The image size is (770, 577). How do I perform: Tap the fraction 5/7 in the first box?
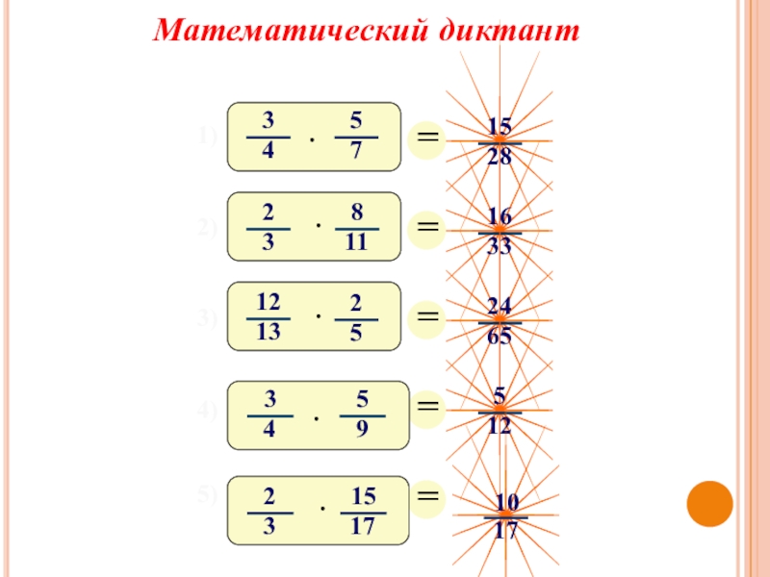point(356,137)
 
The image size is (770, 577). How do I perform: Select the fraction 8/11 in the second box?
point(356,227)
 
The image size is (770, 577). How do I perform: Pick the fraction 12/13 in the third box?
point(269,317)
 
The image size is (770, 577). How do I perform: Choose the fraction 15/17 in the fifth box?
point(363,511)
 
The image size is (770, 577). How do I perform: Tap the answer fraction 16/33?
point(500,232)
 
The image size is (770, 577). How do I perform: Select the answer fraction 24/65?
point(500,321)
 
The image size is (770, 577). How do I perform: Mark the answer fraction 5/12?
point(500,410)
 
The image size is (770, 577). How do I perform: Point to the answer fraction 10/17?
point(506,515)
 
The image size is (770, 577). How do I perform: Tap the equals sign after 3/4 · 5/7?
point(427,138)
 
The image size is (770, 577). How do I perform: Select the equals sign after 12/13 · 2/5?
point(427,317)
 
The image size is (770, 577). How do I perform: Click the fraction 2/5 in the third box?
point(356,317)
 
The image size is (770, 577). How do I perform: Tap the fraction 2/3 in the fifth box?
point(269,511)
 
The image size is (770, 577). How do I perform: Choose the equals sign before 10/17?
point(427,496)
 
